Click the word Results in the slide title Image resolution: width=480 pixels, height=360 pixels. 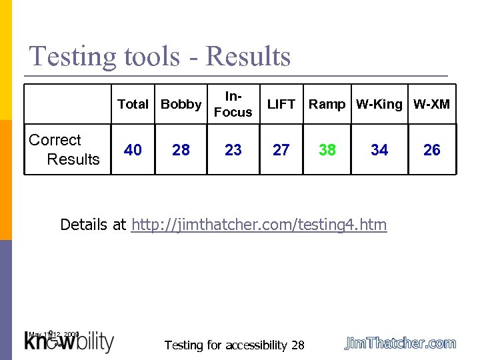click(248, 57)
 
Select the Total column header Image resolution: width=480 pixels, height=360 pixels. click(133, 104)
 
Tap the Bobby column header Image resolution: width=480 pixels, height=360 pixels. click(181, 104)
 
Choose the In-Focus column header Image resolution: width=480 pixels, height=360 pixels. click(233, 105)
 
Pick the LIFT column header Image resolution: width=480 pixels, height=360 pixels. click(281, 104)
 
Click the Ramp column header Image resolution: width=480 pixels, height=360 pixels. click(327, 104)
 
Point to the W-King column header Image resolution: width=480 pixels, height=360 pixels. click(379, 104)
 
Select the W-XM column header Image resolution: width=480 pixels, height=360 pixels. click(432, 104)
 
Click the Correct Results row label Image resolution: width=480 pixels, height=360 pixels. click(65, 150)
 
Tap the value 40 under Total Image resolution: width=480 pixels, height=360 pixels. click(133, 151)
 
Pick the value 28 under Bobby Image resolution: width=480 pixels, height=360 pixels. click(181, 151)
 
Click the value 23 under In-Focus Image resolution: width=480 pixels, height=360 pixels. click(233, 151)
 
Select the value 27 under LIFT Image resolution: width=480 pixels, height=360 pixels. click(281, 151)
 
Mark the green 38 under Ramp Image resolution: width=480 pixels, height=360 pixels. click(327, 151)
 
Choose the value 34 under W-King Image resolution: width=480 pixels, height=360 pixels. click(379, 151)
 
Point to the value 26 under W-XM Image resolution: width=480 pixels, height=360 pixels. click(432, 151)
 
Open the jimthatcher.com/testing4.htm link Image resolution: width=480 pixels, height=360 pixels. click(259, 225)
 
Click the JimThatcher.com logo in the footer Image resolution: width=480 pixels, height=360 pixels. click(400, 343)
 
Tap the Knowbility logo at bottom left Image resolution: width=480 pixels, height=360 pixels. click(69, 341)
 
